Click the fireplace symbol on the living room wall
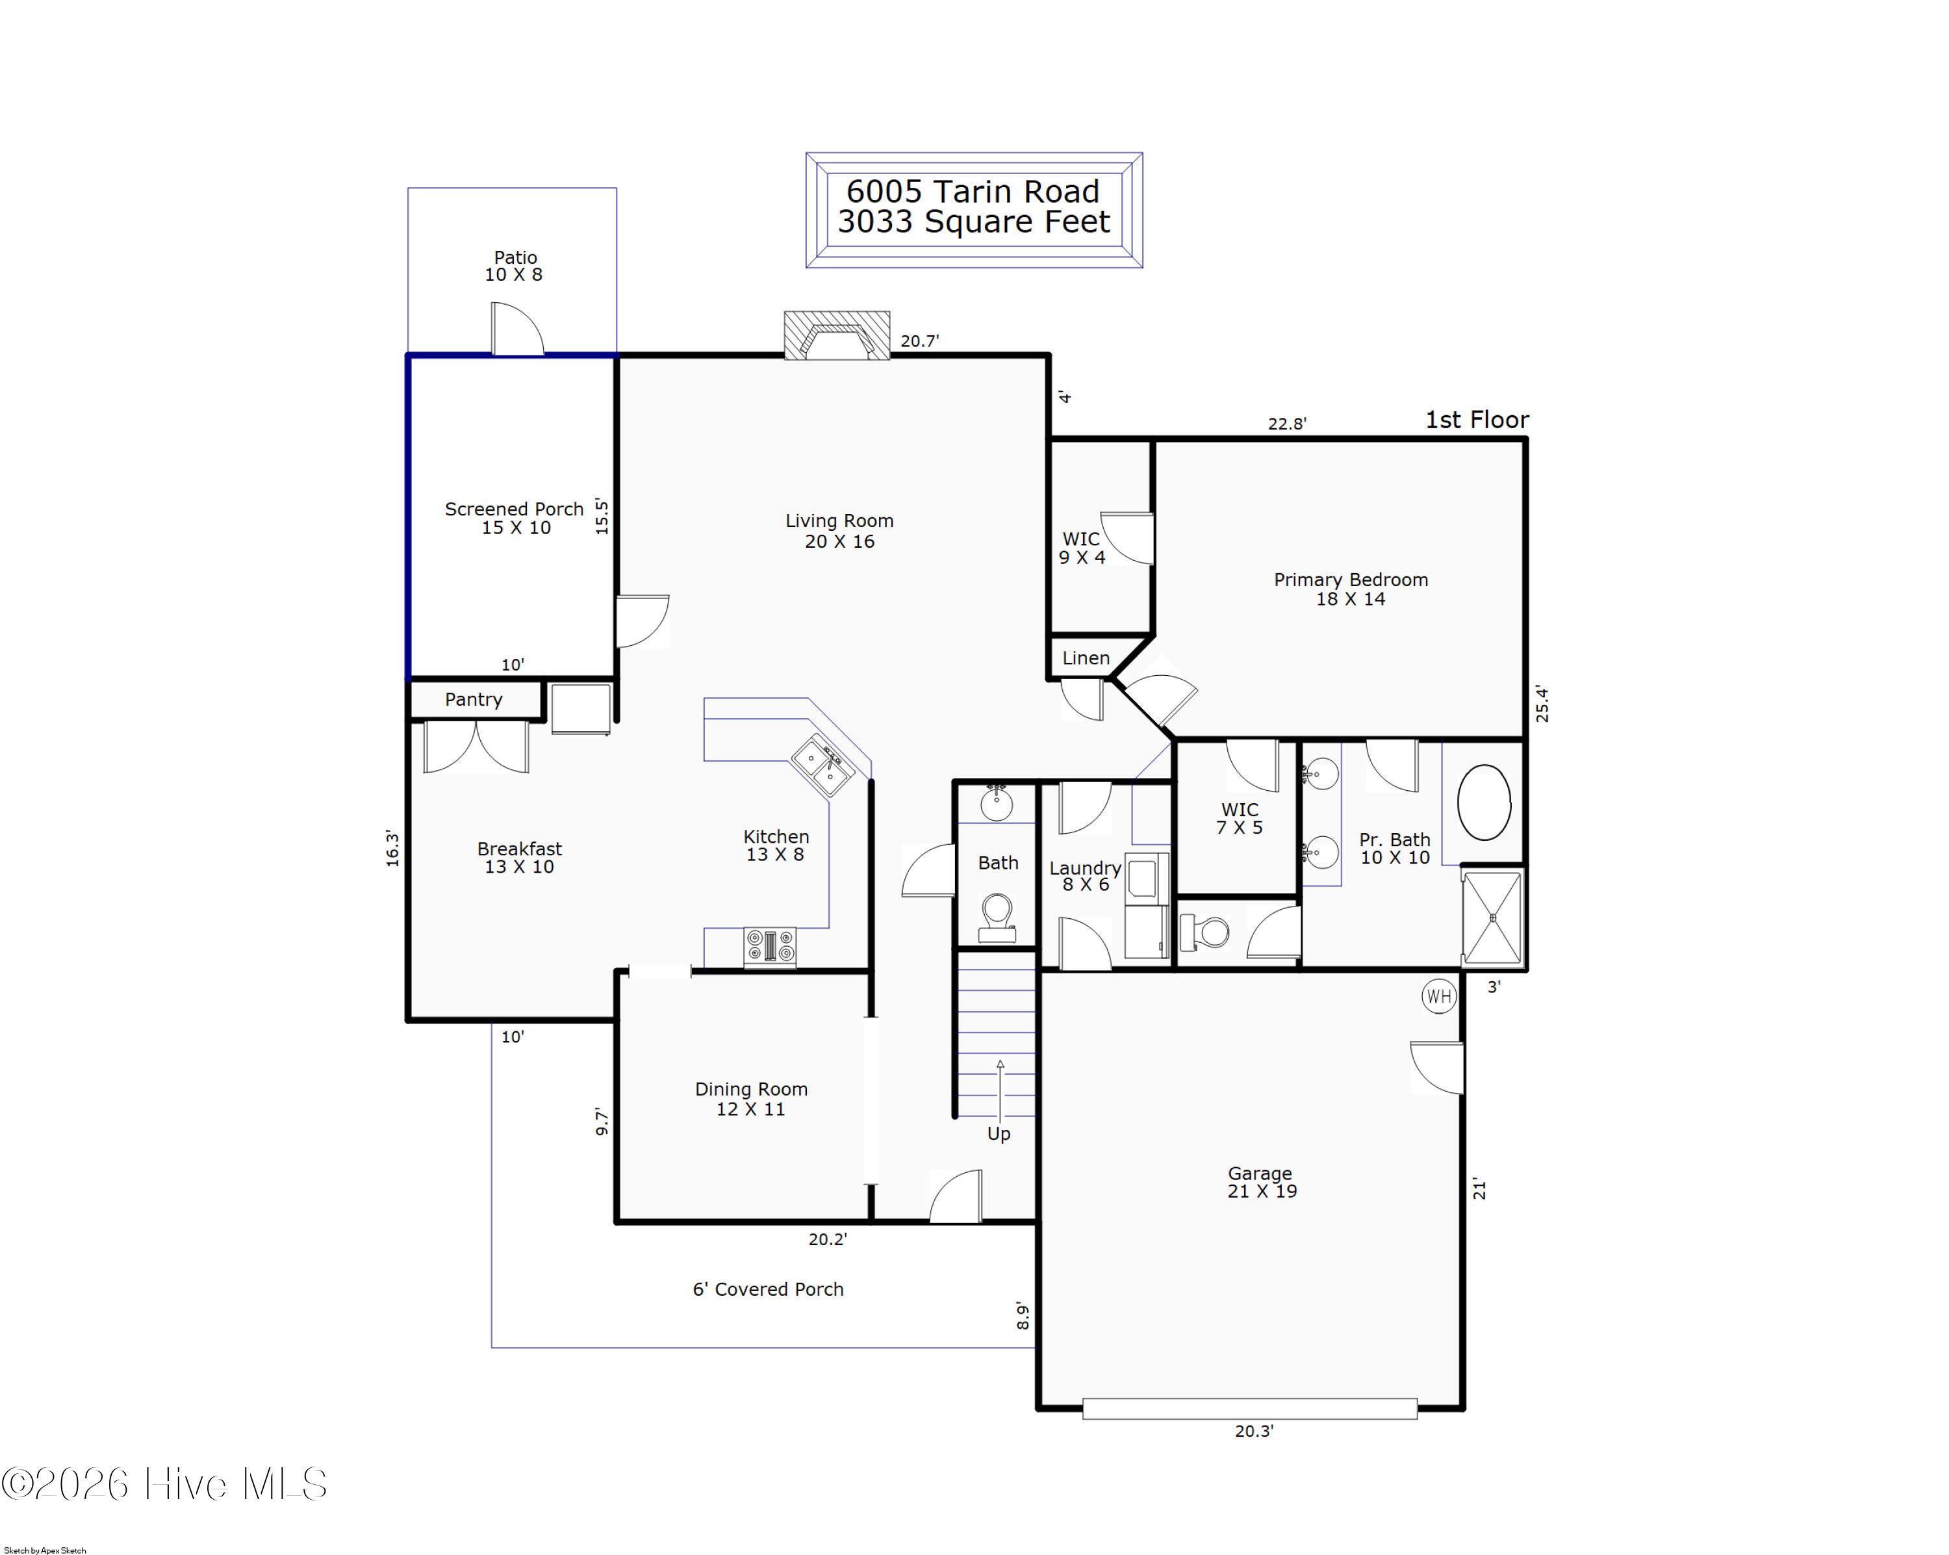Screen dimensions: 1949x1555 836,335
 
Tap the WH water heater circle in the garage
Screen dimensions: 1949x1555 1438,996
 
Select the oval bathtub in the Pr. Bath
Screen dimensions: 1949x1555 1484,803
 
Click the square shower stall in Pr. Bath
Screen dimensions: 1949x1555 1492,918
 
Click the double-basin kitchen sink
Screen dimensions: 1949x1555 822,767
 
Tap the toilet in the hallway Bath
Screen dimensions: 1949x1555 997,918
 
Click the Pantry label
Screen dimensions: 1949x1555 474,700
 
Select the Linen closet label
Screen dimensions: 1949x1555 1086,658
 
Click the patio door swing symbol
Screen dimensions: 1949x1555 517,329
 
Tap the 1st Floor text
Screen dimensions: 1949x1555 1477,420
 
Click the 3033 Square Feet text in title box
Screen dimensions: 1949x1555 974,222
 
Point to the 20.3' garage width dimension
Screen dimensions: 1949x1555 1254,1431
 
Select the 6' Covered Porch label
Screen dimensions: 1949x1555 769,1289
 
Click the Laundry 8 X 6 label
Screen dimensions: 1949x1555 1085,876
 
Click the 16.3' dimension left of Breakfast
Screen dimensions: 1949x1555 392,848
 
